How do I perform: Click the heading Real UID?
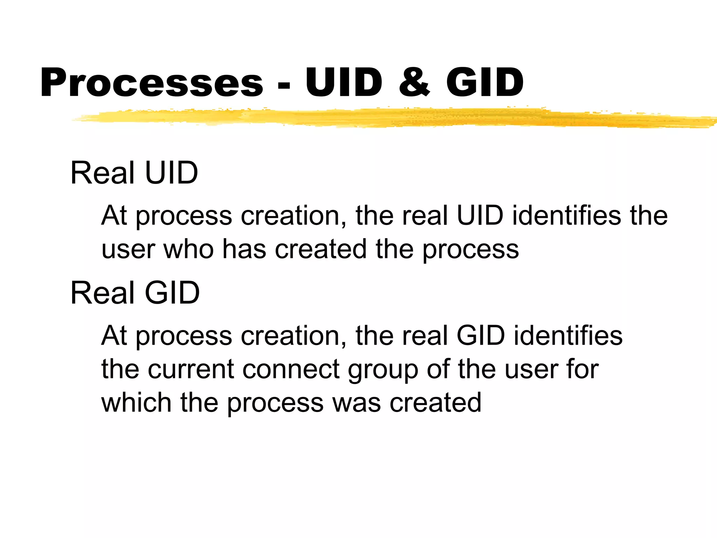coord(134,173)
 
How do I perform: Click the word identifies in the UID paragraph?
coord(566,215)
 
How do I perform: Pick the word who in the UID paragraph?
coord(189,249)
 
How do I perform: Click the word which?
coord(136,403)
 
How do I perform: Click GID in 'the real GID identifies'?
coord(480,336)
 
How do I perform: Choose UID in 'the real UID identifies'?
coord(480,215)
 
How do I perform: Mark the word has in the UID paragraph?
coord(244,249)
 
